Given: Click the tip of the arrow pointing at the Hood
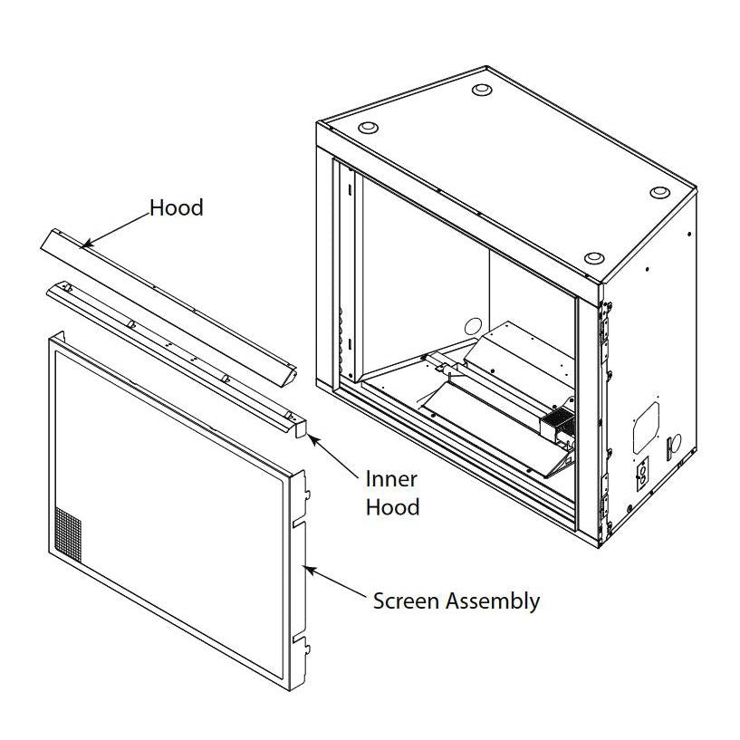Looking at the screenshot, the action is (81, 247).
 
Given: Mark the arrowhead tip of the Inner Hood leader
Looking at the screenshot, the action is (308, 436).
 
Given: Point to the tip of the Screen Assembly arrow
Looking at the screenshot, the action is (306, 567).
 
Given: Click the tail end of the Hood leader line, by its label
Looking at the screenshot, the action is (149, 214).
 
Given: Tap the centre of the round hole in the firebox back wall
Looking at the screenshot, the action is (474, 327).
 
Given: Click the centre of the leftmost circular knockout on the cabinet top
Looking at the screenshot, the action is (368, 128).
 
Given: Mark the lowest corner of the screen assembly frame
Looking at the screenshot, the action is (289, 691).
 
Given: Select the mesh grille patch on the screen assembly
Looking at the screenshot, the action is (68, 534).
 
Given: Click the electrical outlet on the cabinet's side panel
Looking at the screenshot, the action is (642, 474).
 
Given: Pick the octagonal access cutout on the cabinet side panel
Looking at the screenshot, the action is (646, 428).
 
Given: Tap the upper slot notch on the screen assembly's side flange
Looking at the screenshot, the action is (299, 524).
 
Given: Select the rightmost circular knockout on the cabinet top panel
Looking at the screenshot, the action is (659, 192).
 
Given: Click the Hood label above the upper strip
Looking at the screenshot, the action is (177, 207).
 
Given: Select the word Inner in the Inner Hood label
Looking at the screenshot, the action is (391, 479).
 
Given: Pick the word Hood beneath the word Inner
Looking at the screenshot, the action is (393, 507).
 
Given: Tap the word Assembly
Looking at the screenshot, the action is (493, 602).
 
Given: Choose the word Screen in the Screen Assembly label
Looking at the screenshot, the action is (408, 601).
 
